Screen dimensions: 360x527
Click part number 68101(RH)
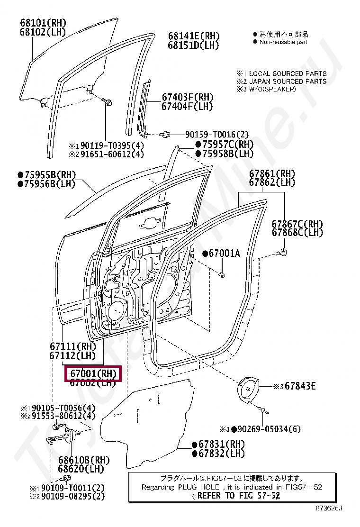click(x=43, y=22)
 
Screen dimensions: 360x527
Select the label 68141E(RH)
click(x=194, y=36)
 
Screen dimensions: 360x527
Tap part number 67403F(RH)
click(x=187, y=97)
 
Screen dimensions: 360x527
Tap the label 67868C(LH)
click(x=297, y=233)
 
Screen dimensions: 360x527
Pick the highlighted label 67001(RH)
click(x=93, y=373)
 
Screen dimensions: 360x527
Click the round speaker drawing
click(x=248, y=390)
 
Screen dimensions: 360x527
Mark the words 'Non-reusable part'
click(x=283, y=42)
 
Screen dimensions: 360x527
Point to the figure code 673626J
click(x=329, y=508)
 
